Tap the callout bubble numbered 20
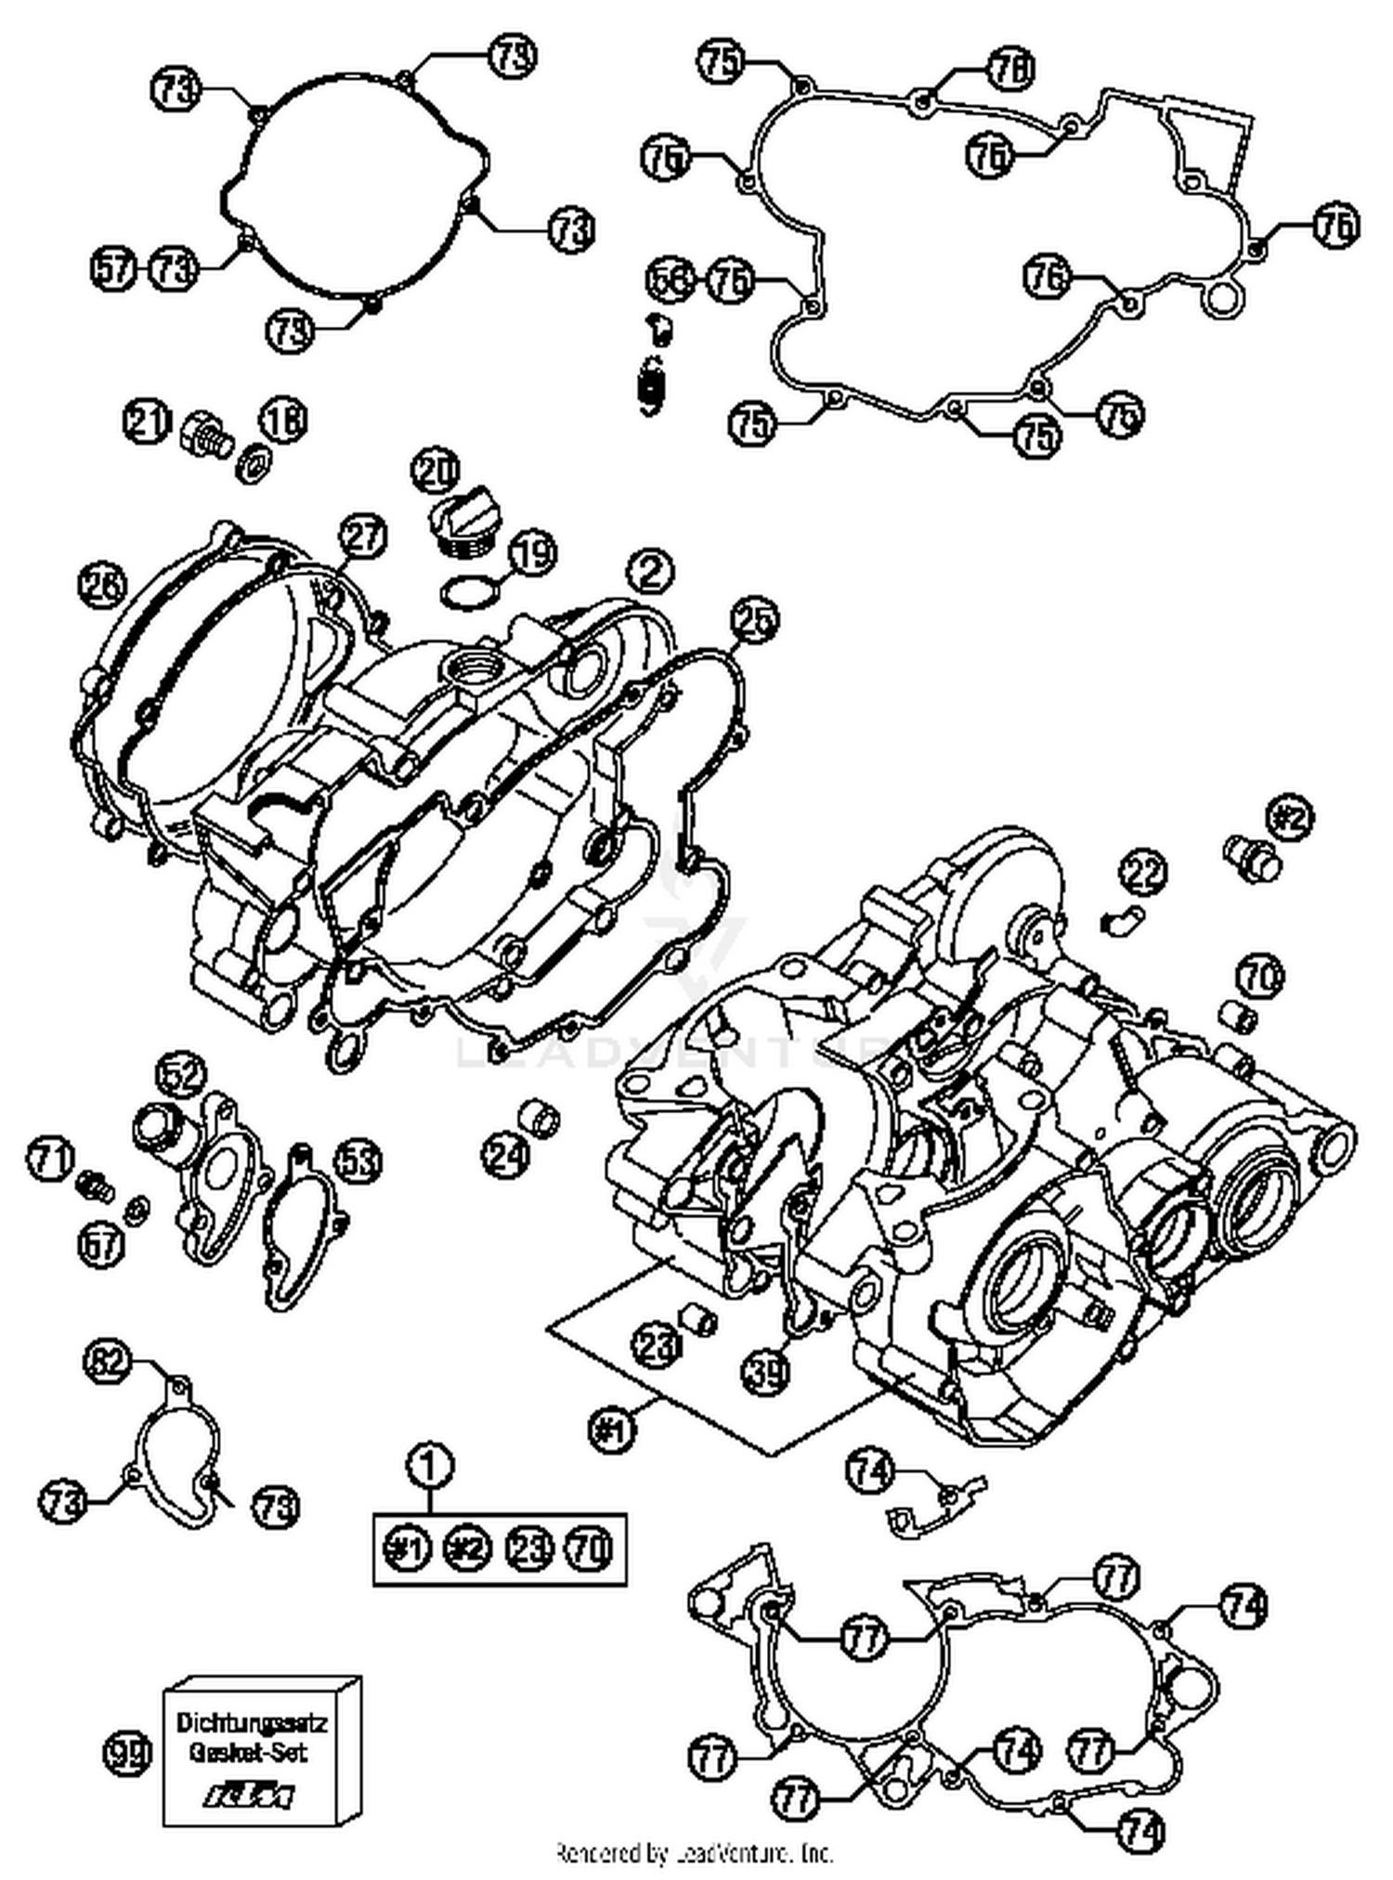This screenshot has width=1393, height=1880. [436, 473]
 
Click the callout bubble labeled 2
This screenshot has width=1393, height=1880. [650, 570]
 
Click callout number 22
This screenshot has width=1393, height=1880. [1142, 873]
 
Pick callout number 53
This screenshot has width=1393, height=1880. [358, 1160]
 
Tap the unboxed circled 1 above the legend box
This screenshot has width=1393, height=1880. [429, 1466]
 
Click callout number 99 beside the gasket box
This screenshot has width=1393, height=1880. [126, 1753]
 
